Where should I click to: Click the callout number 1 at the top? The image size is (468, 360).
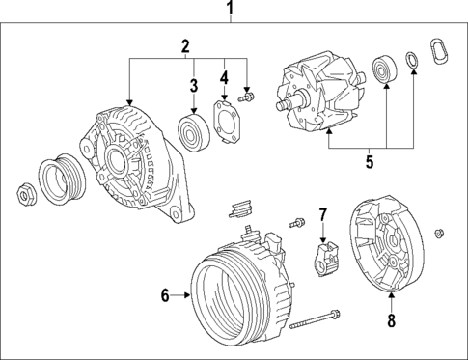click(x=231, y=11)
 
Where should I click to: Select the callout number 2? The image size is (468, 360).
click(x=185, y=45)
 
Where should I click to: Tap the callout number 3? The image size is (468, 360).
click(x=193, y=86)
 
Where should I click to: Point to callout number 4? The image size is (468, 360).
click(x=224, y=77)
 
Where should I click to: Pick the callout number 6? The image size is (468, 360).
click(x=164, y=296)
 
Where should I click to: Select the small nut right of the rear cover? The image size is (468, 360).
click(x=439, y=232)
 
